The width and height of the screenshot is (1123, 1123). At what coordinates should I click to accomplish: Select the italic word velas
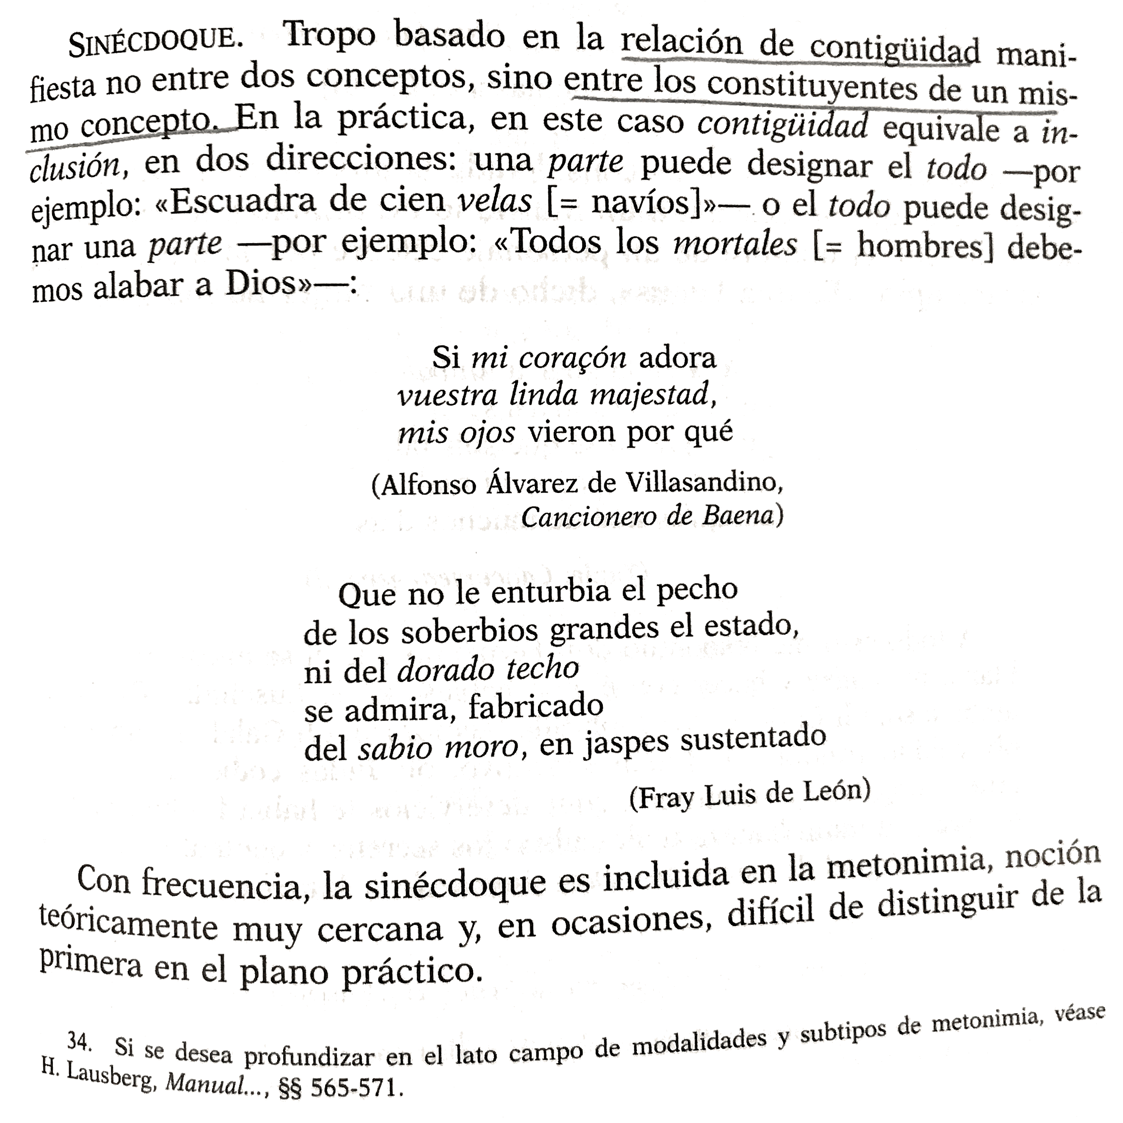point(494,201)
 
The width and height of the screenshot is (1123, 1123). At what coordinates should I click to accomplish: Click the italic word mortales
point(734,243)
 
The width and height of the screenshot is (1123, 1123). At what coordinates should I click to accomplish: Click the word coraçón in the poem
point(573,358)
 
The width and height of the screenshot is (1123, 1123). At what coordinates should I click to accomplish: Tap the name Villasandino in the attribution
point(704,483)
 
